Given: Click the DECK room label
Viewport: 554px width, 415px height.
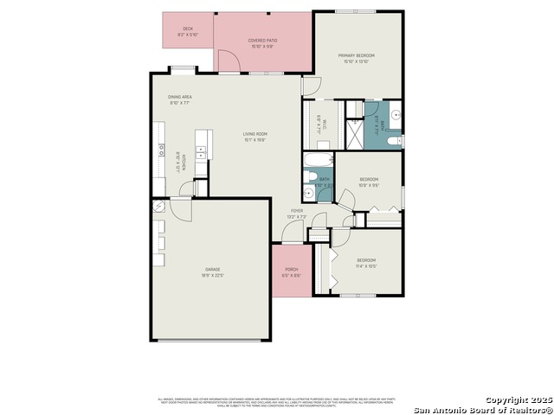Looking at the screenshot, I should tap(188, 29).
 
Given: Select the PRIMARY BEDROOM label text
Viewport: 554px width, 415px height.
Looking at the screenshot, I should tap(356, 55).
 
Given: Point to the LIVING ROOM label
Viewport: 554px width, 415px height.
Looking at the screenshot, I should tap(254, 134).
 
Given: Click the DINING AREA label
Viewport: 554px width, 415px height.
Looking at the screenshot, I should tap(180, 97).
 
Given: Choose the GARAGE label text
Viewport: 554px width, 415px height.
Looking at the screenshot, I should tap(213, 270).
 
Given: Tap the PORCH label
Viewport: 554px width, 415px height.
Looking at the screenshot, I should tap(292, 270).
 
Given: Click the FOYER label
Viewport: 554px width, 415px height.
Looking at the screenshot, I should tap(297, 211).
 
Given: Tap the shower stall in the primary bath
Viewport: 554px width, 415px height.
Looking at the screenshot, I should tap(355, 133).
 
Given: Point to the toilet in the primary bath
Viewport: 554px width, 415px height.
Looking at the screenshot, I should tap(392, 141).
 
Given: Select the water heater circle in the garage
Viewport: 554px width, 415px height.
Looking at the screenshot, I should tap(158, 207).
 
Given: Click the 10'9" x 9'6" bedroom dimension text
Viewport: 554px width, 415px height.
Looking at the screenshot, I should tap(370, 185).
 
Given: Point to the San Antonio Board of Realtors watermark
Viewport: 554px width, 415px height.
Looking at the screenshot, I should tap(481, 410).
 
